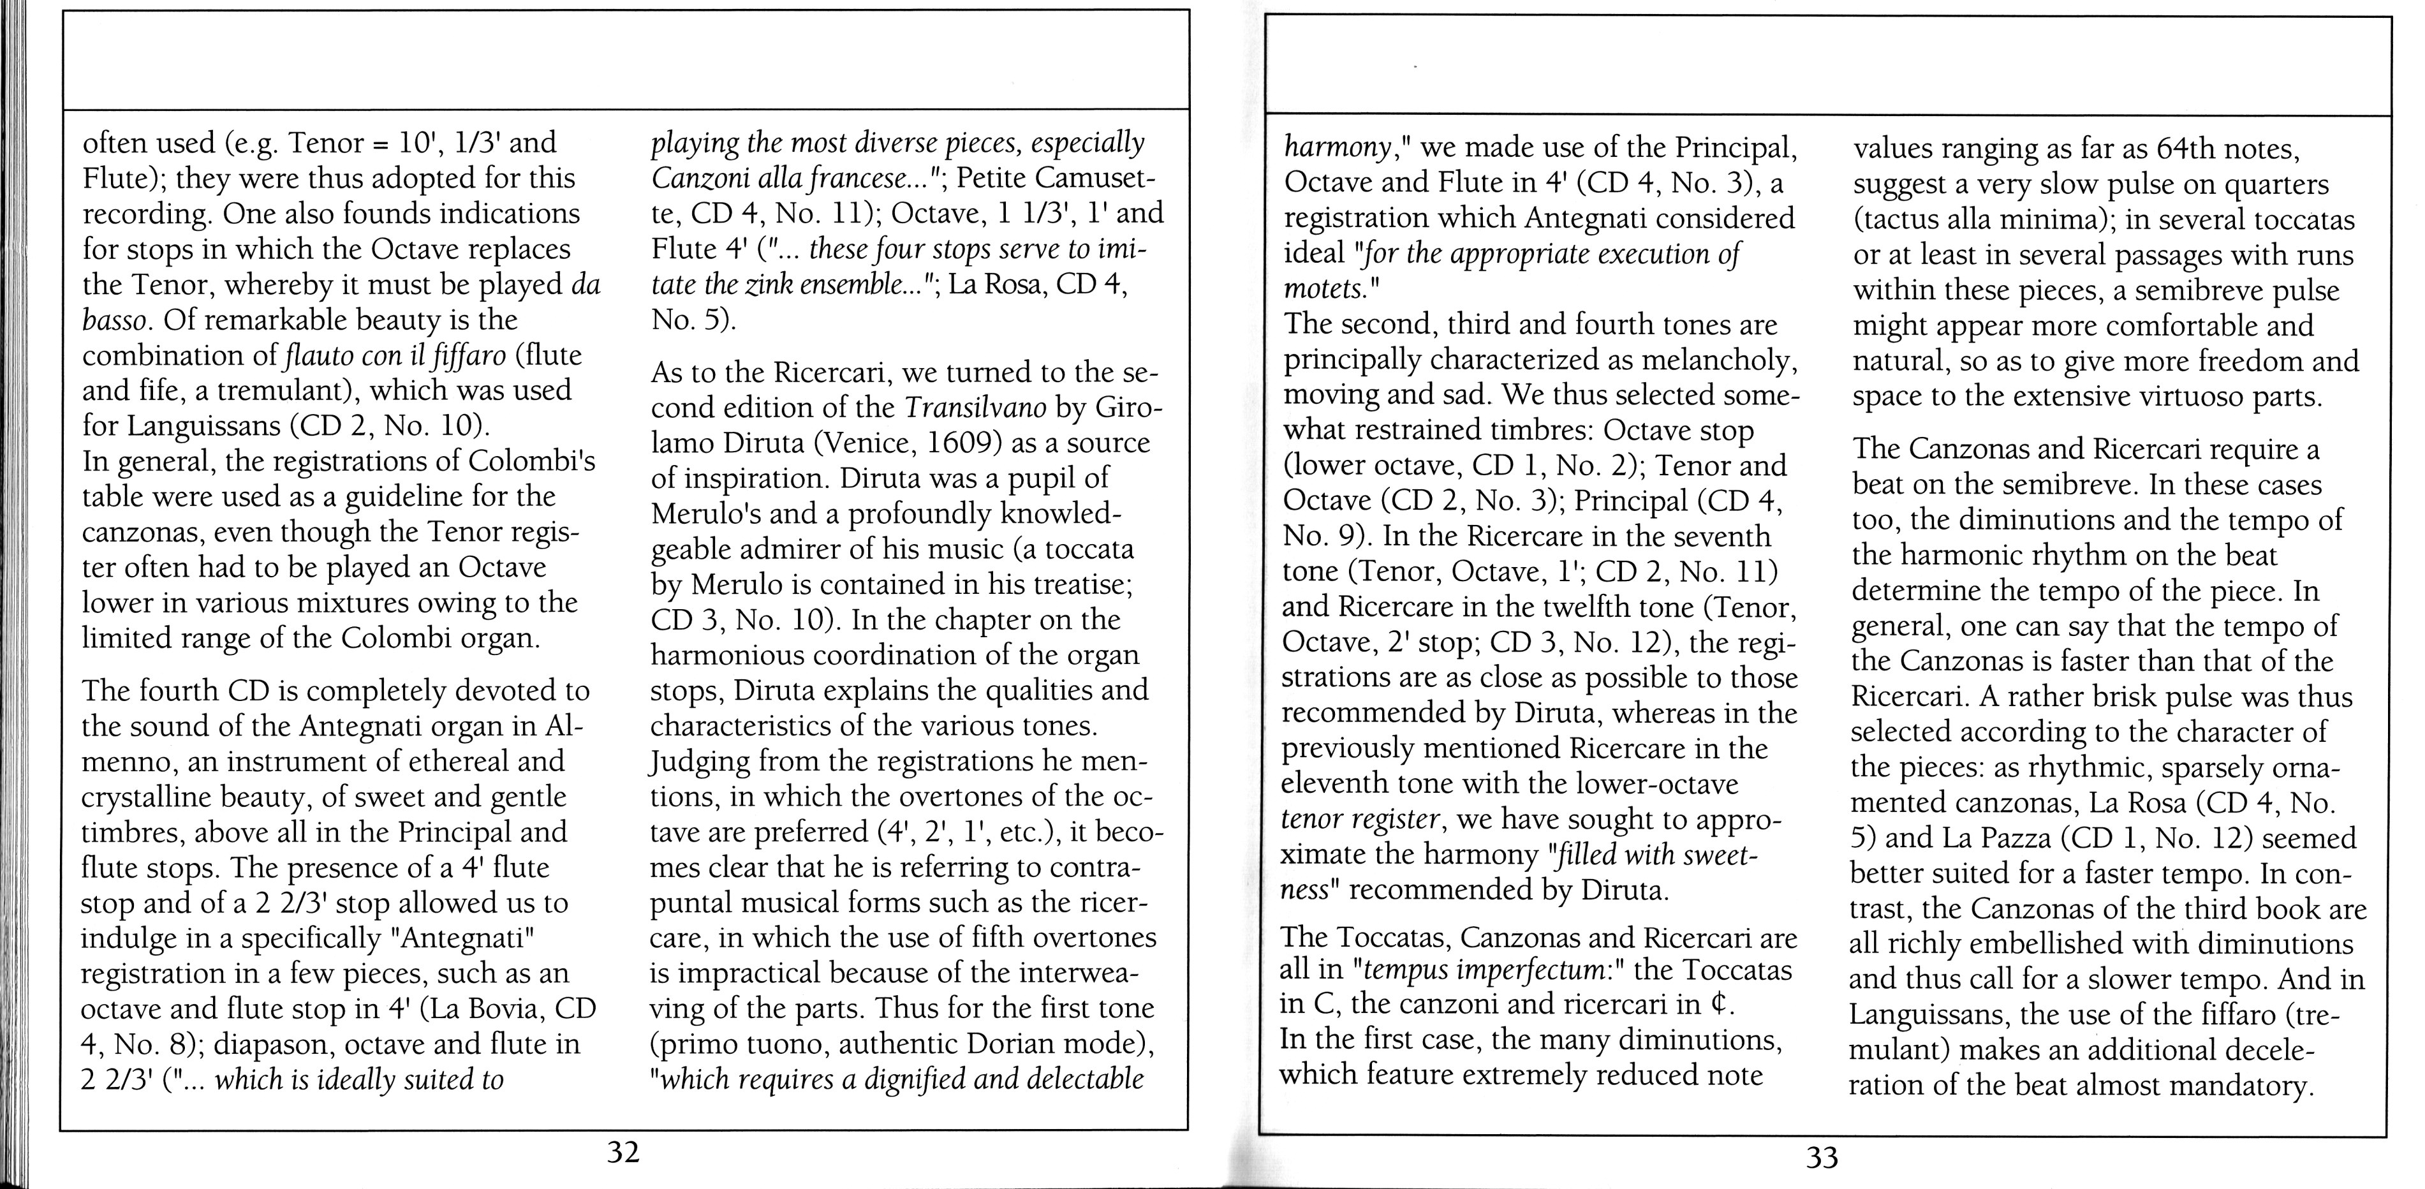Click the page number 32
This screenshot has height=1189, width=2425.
click(623, 1151)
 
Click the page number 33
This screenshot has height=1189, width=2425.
click(1822, 1157)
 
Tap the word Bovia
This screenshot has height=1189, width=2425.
click(506, 1008)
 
